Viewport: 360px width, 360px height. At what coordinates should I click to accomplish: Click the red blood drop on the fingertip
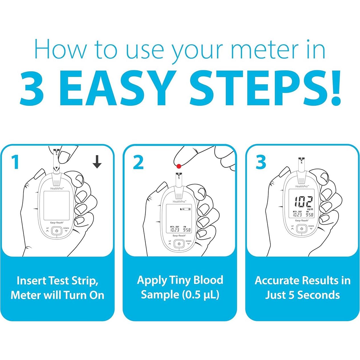(179, 166)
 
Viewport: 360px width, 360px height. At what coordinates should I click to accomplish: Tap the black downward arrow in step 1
(97, 162)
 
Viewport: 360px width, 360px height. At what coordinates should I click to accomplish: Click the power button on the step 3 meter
(302, 229)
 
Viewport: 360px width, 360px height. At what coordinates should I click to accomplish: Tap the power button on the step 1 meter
(57, 231)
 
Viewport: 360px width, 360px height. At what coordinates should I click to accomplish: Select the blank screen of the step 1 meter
(56, 205)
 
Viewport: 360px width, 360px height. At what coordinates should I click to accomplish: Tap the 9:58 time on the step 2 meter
(187, 230)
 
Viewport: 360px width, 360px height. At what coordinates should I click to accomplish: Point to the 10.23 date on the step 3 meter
(297, 215)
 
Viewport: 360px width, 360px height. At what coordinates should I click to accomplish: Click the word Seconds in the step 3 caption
(318, 295)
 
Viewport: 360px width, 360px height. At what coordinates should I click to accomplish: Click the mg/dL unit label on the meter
(310, 209)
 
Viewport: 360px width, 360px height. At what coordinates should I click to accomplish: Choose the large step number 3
(261, 162)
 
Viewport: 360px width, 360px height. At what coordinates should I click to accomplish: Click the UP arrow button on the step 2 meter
(170, 243)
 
